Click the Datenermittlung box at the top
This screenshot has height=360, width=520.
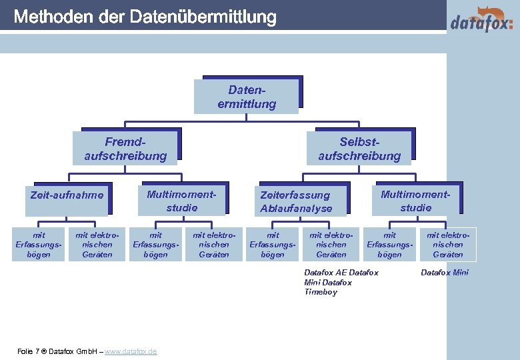(x=246, y=97)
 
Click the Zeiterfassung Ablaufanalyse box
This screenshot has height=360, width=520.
(x=296, y=201)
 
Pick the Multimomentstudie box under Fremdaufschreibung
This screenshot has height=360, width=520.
(x=182, y=201)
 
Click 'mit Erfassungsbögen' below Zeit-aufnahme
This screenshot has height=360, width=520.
(x=38, y=245)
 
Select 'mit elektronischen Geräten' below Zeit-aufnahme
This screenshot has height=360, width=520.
(x=97, y=245)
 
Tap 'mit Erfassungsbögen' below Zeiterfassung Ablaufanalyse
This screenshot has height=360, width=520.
(x=273, y=245)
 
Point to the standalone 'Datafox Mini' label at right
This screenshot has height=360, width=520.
(x=445, y=273)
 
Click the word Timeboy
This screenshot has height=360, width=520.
(x=321, y=293)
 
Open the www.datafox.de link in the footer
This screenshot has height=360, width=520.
(x=131, y=351)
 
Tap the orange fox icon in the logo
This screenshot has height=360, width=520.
(x=493, y=13)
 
